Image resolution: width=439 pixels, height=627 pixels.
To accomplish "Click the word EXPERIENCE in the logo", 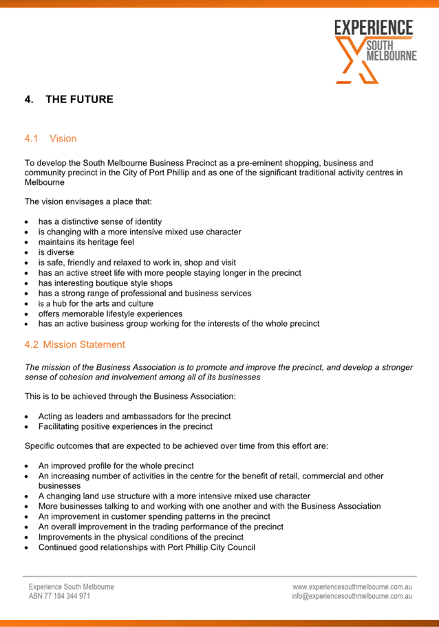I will click(374, 28).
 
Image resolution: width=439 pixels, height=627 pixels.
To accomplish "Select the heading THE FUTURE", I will click(79, 100).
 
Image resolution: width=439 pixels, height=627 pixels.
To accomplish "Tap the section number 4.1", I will click(32, 139).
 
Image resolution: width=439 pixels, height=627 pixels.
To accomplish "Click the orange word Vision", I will click(63, 139).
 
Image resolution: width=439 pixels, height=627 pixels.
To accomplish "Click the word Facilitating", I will click(62, 427).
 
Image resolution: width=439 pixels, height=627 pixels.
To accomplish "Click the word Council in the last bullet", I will click(239, 547).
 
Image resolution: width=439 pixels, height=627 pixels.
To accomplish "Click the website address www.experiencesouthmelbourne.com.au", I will click(352, 587).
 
